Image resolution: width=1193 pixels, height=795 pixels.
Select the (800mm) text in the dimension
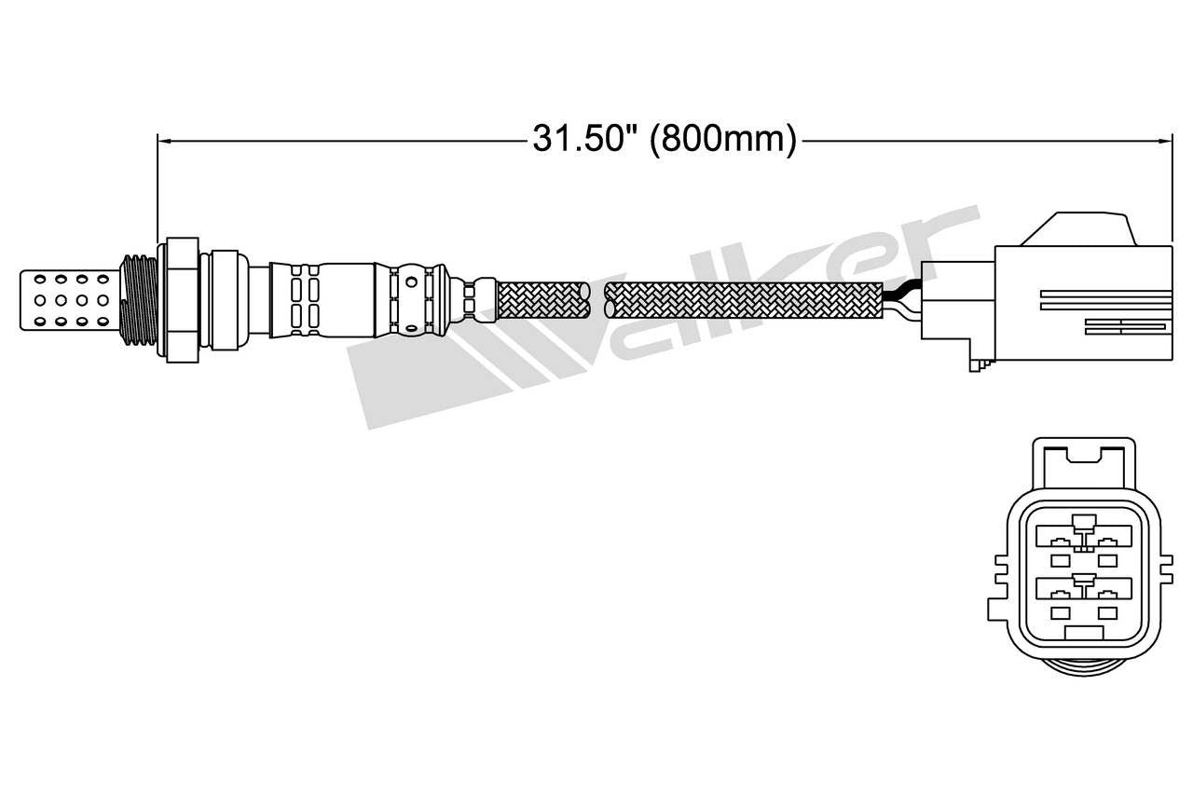(x=722, y=140)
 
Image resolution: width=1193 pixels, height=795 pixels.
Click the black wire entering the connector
(x=901, y=292)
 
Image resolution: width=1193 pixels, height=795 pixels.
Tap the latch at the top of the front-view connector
(x=1082, y=454)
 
